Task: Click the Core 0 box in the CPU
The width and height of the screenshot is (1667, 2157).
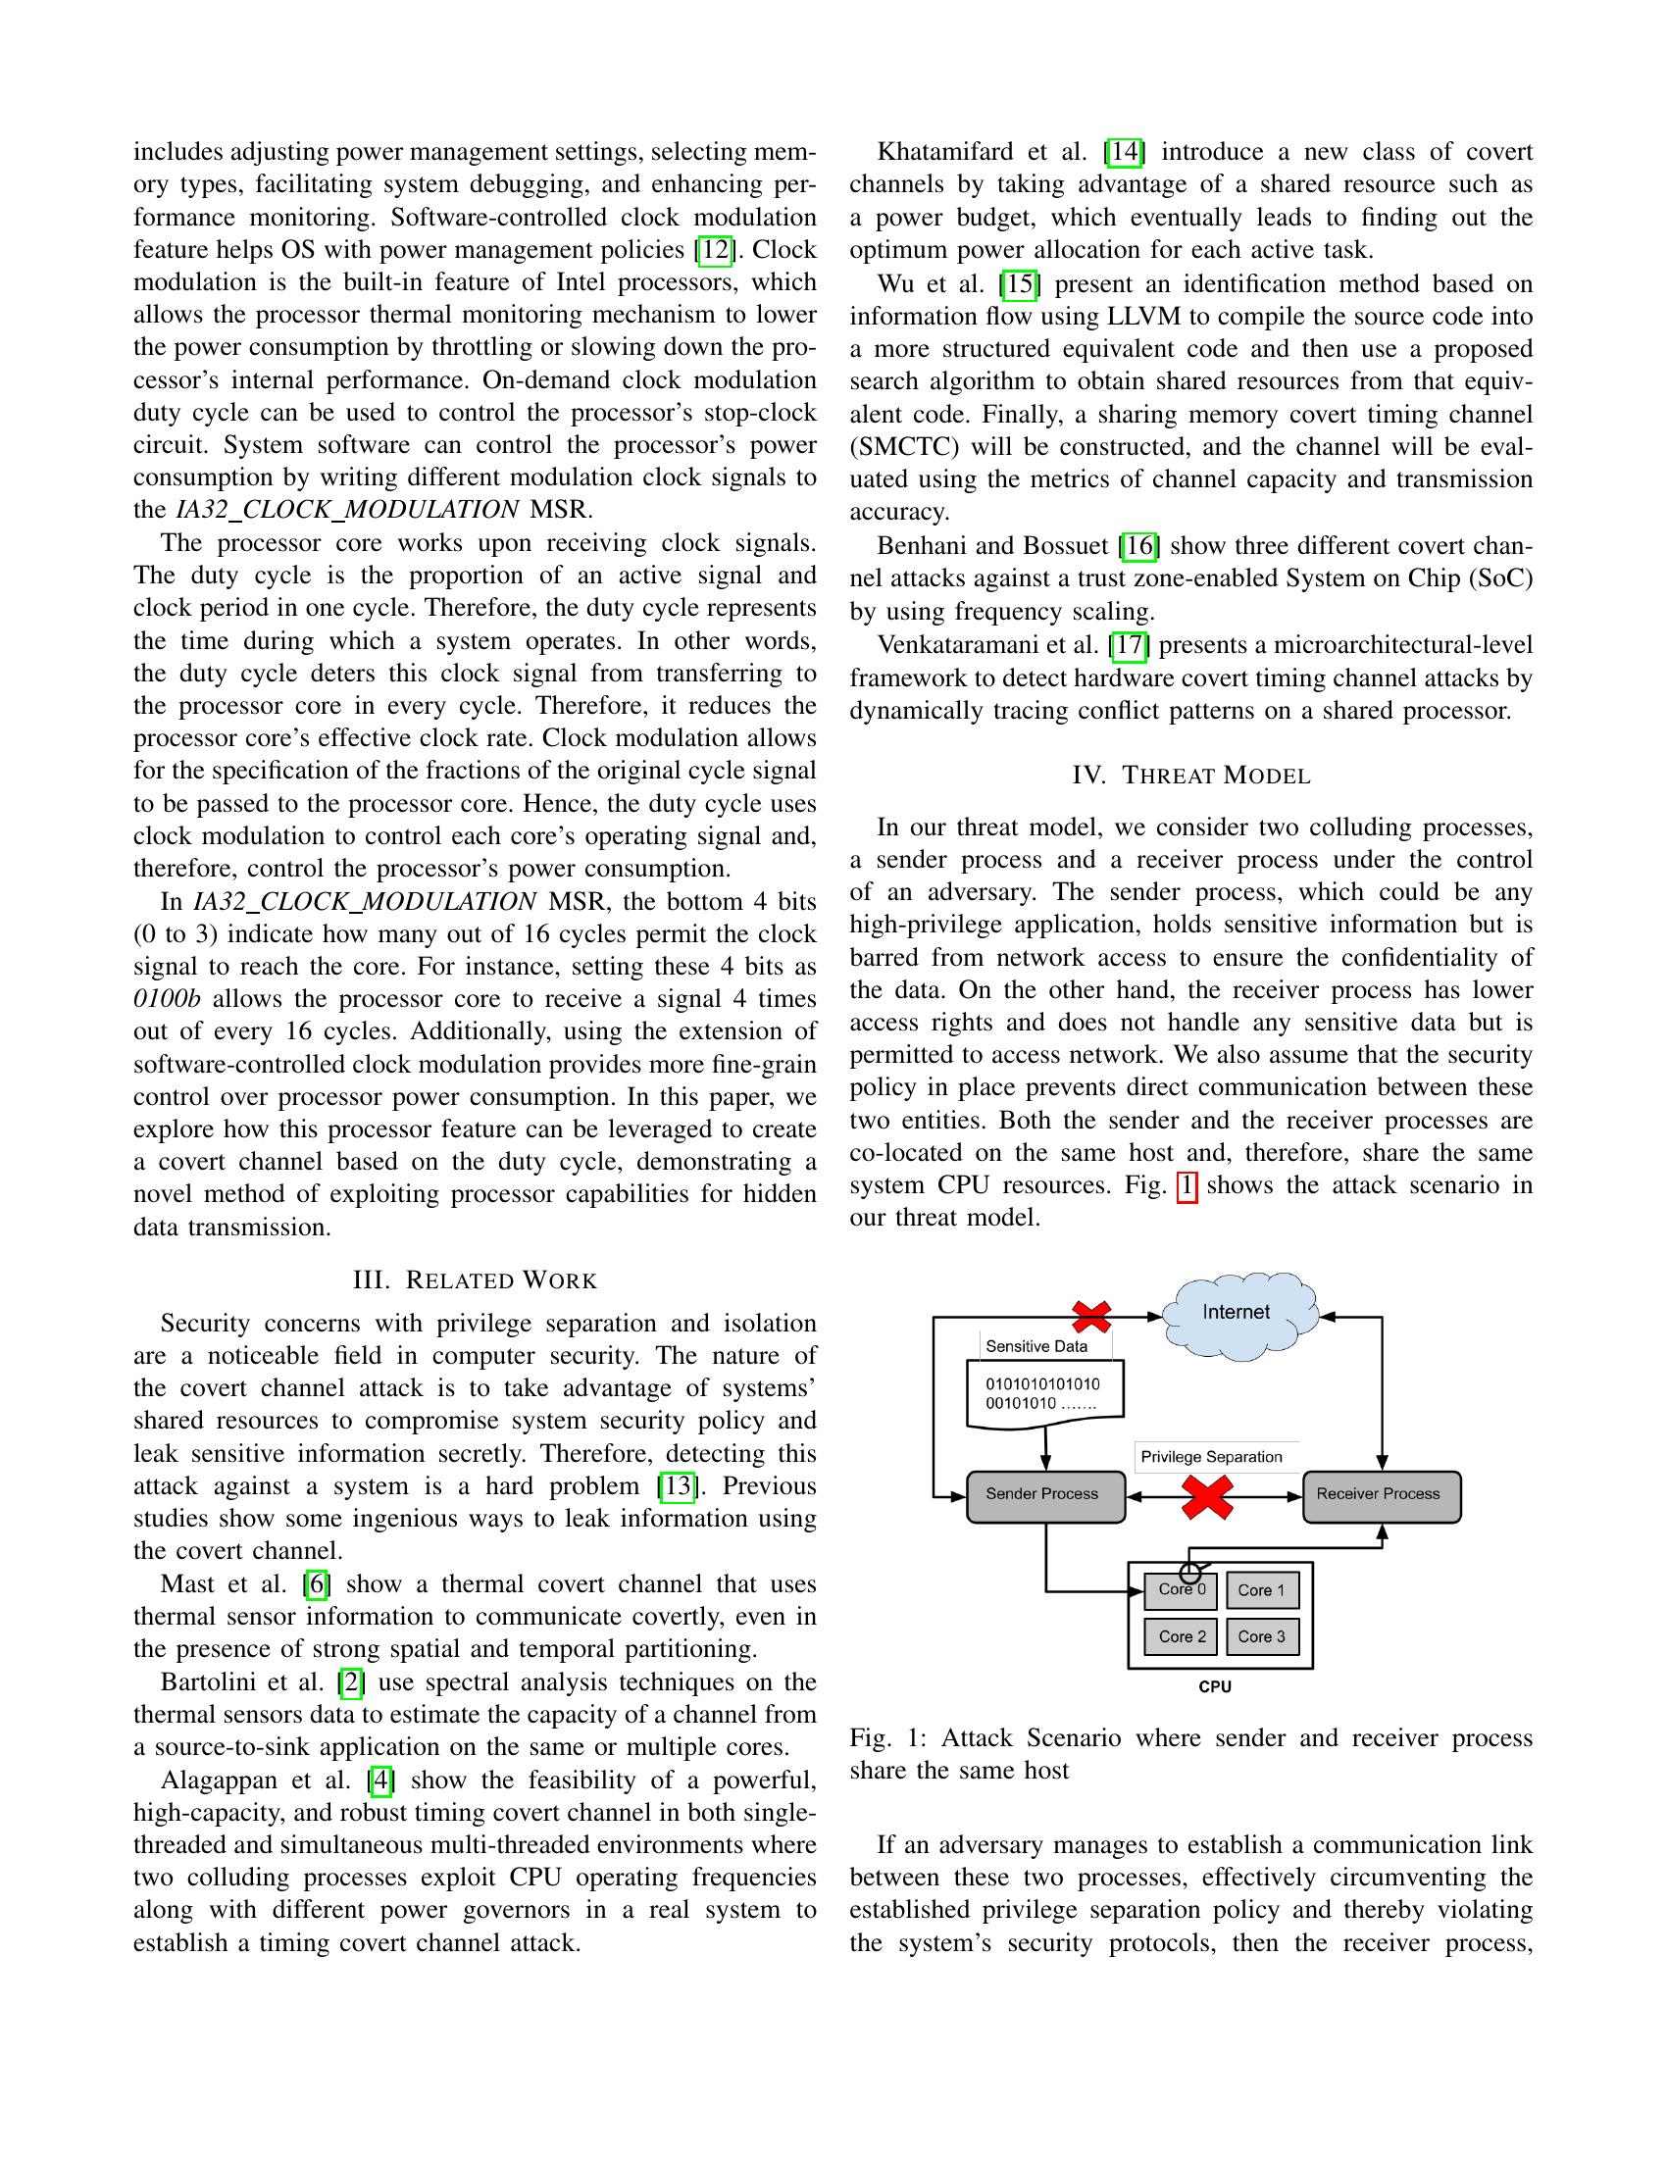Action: tap(1182, 1591)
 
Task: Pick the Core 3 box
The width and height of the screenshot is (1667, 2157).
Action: tap(1262, 1636)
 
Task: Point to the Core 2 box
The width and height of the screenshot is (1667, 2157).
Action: tap(1182, 1636)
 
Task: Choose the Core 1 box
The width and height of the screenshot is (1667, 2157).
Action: tap(1262, 1591)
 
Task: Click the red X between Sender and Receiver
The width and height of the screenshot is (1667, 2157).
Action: tap(1208, 1497)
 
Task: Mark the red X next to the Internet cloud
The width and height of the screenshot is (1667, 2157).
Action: tap(1091, 1317)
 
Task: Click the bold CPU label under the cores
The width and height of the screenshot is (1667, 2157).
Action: tap(1215, 1687)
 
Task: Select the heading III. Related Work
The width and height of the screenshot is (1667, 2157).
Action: tap(475, 1281)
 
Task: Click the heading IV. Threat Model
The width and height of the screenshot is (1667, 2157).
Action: tap(1191, 776)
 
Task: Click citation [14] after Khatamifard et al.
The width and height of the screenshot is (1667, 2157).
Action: tap(1124, 152)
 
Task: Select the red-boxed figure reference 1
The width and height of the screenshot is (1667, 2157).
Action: tap(1187, 1185)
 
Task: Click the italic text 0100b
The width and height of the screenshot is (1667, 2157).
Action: tap(167, 998)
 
